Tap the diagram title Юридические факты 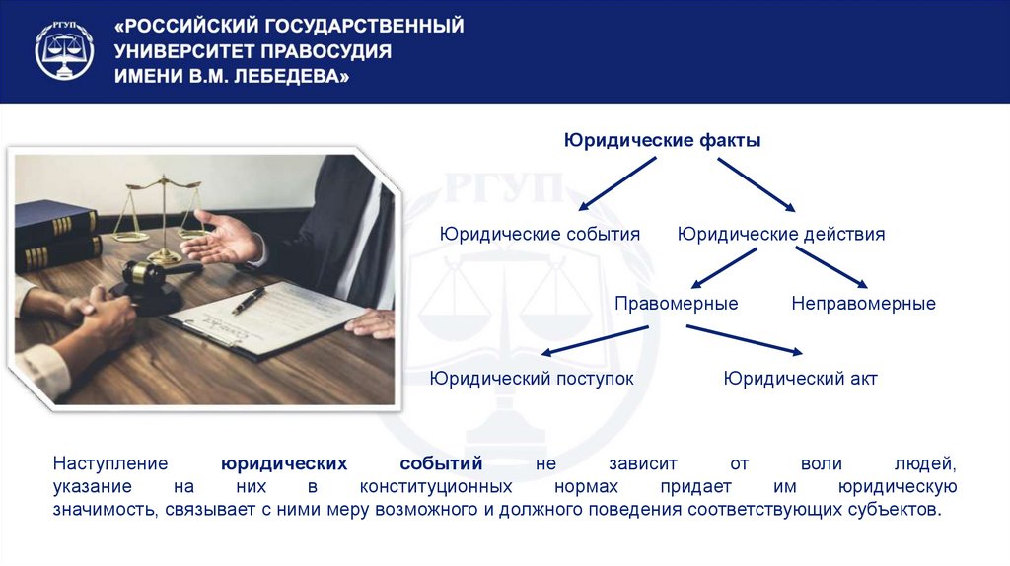[662, 141]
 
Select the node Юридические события [540, 235]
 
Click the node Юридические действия [781, 235]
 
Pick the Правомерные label [676, 304]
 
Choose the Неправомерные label [863, 304]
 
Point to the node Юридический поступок [532, 378]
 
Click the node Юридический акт [800, 378]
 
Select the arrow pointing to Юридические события [616, 183]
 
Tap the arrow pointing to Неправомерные [830, 267]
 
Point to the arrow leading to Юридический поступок [597, 340]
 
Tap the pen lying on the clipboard [248, 300]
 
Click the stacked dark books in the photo [54, 237]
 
